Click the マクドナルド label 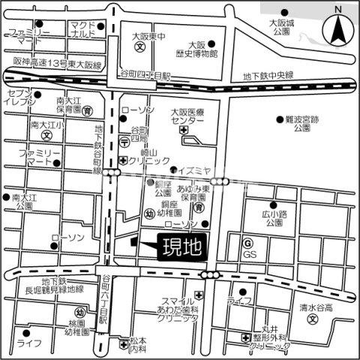click(x=82, y=29)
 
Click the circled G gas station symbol click(x=247, y=243)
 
